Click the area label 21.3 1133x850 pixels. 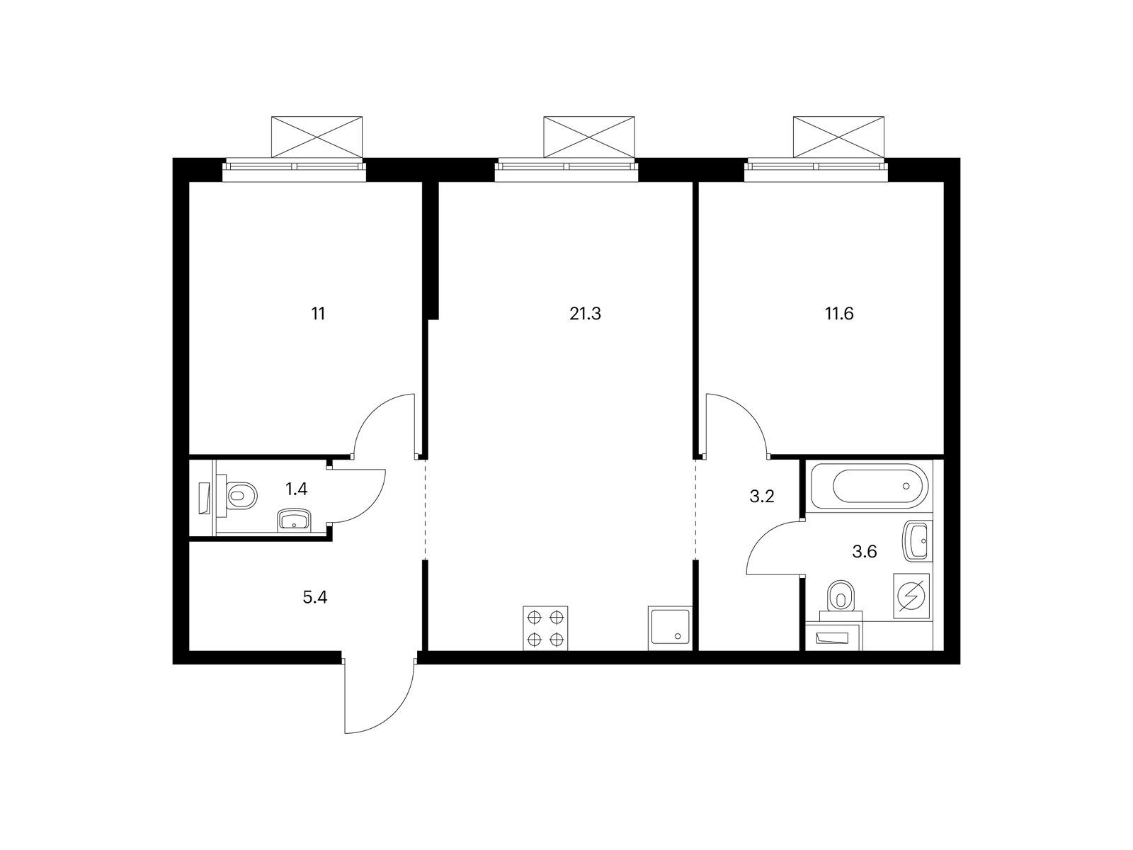tap(585, 314)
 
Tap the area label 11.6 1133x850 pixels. tap(839, 314)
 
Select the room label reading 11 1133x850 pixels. tap(318, 314)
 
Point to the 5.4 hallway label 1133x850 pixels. tap(315, 598)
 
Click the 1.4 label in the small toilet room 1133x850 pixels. tap(296, 489)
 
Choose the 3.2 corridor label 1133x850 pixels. tap(761, 497)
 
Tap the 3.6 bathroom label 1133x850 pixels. tap(864, 552)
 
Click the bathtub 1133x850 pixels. tap(870, 486)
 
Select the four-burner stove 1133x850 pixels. tap(545, 628)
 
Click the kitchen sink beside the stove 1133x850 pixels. tap(670, 628)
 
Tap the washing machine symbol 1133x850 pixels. tap(911, 596)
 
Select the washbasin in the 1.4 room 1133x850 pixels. tap(294, 519)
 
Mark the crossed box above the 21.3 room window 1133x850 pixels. tap(588, 137)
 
